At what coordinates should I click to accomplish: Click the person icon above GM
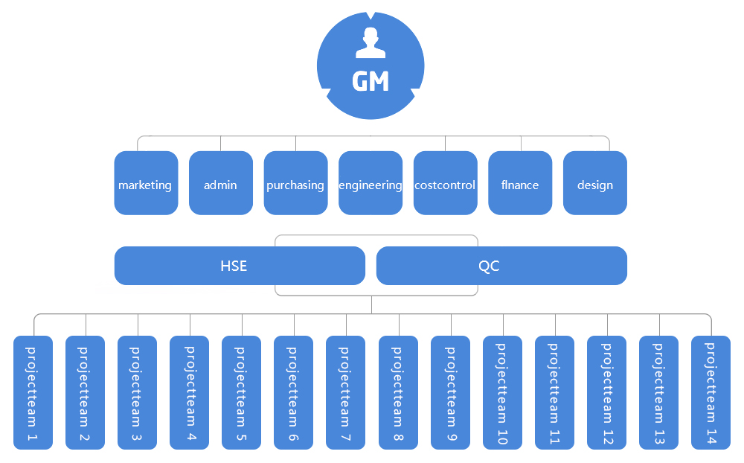coord(371,43)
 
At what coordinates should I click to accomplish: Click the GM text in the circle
coord(371,81)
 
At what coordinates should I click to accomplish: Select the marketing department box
coord(146,183)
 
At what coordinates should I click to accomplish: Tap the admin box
coord(221,183)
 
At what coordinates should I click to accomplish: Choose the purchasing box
coord(295,183)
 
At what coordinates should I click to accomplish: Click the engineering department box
coord(371,183)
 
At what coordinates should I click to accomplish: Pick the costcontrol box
coord(445,183)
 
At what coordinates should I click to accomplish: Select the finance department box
coord(520,183)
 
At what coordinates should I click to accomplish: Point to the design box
coord(595,183)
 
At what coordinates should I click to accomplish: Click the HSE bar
coord(240,266)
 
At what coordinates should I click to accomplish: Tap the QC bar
coord(501,266)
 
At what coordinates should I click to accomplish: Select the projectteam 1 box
coord(33,392)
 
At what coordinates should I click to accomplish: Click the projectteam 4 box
coord(190,392)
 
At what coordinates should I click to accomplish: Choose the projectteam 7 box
coord(346,392)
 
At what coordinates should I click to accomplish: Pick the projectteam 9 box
coord(450,392)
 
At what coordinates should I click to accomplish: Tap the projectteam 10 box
coord(502,392)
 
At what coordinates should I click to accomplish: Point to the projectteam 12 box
coord(606,392)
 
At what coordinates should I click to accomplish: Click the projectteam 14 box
coord(711,392)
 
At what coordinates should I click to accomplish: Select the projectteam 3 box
coord(138,392)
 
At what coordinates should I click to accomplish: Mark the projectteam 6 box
coord(294,392)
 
